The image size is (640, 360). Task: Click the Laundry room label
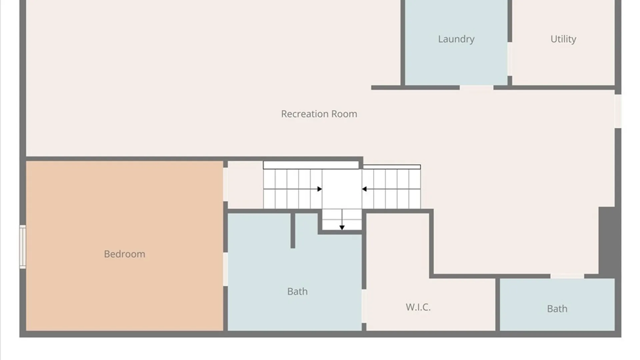pos(456,39)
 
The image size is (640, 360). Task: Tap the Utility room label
pos(563,39)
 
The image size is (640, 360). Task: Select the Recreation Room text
pos(319,114)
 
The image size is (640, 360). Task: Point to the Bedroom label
pos(124,254)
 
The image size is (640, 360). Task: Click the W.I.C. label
pos(418,307)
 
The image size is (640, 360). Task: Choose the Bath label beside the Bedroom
pos(297,291)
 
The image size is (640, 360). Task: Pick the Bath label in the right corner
pos(557,309)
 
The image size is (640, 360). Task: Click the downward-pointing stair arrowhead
pos(342,228)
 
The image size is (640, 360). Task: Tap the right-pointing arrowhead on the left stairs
pos(320,189)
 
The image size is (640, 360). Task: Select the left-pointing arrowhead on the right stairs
pos(364,189)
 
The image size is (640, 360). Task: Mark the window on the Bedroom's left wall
pos(23,247)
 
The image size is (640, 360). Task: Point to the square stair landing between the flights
pos(342,189)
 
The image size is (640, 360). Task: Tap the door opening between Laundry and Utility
pos(510,59)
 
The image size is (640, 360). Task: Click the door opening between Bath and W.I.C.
pos(364,306)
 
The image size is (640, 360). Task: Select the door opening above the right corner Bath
pos(567,276)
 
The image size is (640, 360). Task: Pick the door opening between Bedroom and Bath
pos(225,269)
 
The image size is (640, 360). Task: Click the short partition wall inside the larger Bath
pos(293,231)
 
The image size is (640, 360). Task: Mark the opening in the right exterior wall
pos(618,111)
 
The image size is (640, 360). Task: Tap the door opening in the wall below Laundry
pos(477,88)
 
